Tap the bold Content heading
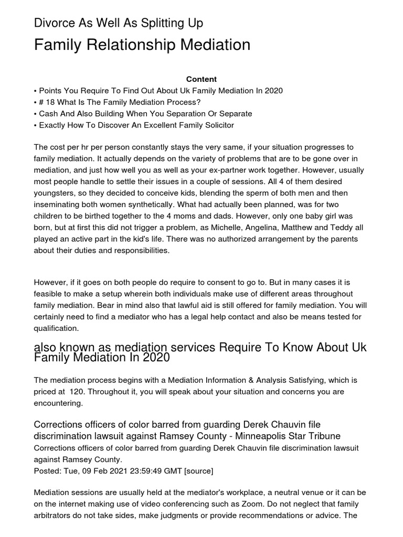201,79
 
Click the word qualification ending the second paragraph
56,328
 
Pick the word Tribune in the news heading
324,436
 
